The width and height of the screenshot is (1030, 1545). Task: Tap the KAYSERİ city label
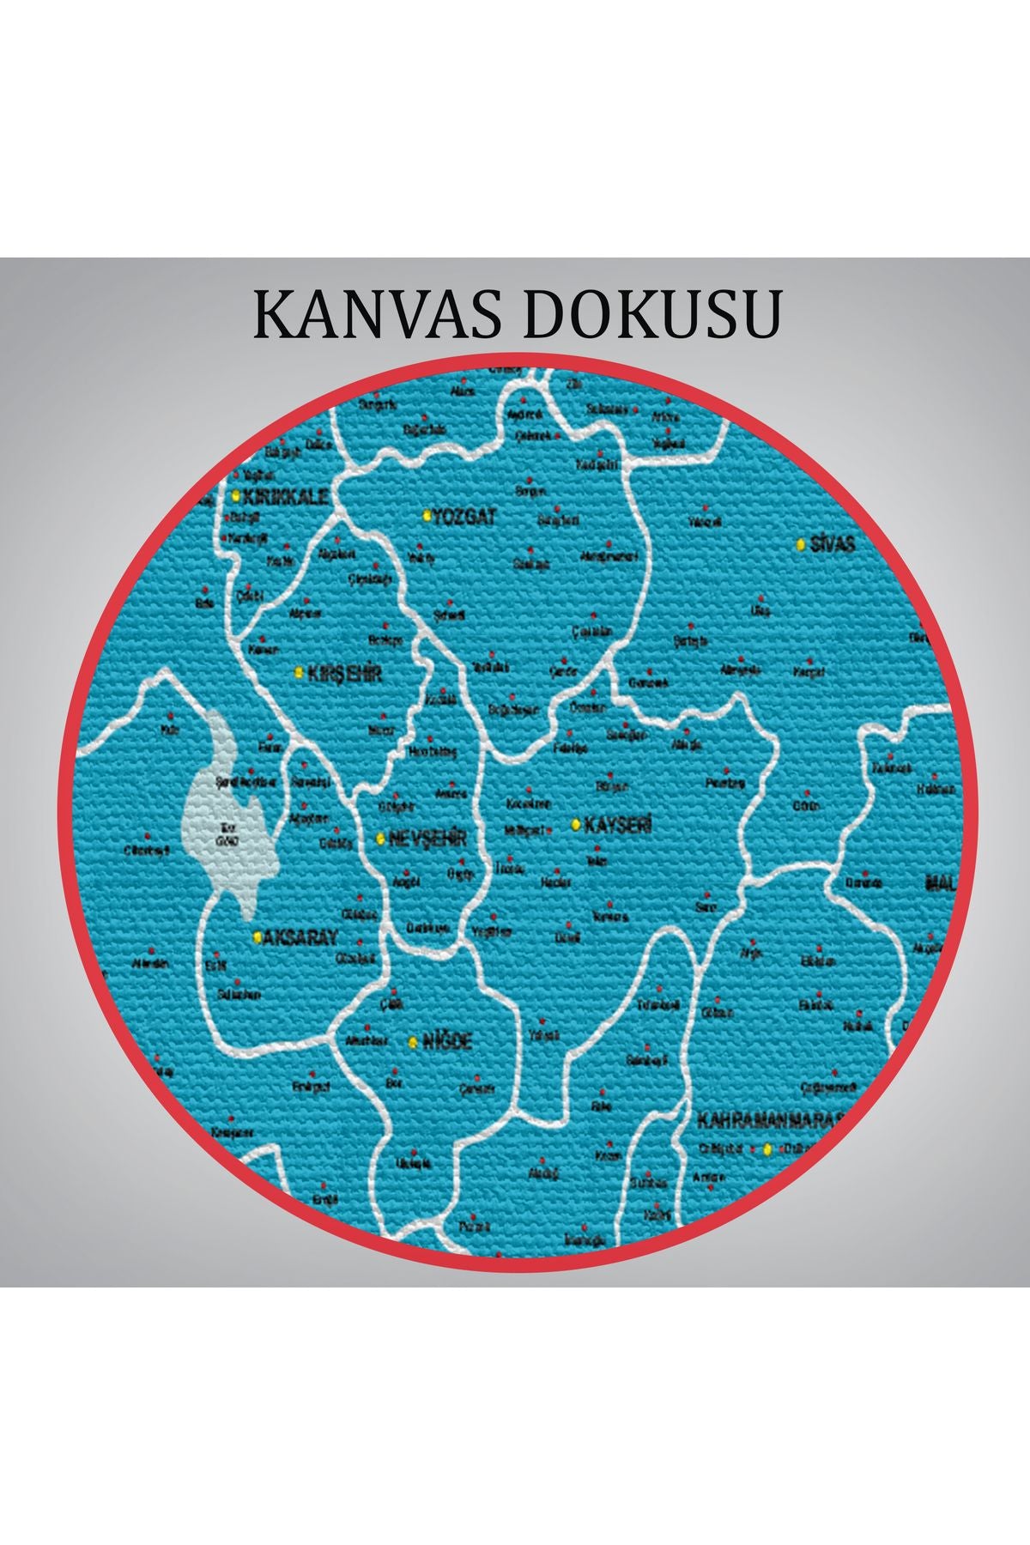click(618, 826)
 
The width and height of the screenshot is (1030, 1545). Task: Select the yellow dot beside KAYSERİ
click(576, 825)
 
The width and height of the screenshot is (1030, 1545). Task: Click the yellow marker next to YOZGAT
click(427, 516)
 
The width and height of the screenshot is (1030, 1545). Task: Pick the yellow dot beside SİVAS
click(800, 544)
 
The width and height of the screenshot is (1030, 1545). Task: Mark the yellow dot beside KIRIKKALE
click(235, 495)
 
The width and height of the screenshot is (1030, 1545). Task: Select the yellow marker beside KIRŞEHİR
click(299, 671)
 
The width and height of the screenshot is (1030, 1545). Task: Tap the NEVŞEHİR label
click(427, 839)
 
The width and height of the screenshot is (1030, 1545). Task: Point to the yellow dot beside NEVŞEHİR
click(380, 838)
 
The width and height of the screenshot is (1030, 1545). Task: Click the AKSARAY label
click(300, 938)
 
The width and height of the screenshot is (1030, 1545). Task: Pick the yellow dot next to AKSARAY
click(257, 937)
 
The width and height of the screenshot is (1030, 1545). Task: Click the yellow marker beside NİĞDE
click(413, 1042)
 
